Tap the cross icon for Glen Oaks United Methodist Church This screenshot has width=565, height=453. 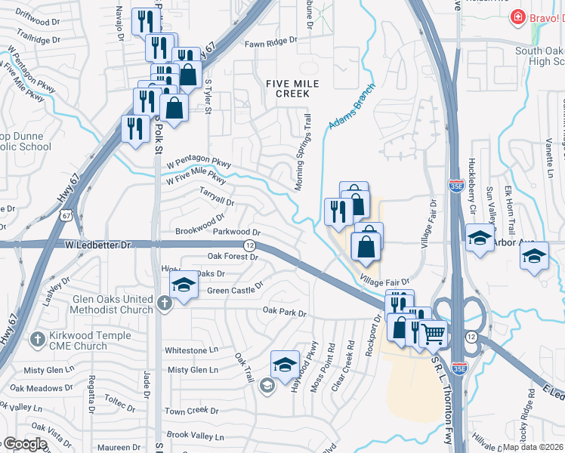coord(165,304)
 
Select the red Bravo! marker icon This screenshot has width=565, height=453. coord(518,16)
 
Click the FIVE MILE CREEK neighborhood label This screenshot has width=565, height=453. coord(287,88)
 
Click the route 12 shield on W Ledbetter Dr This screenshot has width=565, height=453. coord(249,245)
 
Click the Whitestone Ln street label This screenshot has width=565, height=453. coord(191,350)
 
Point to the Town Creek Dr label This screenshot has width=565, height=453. coord(191,411)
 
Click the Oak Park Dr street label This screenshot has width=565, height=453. coord(285,311)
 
